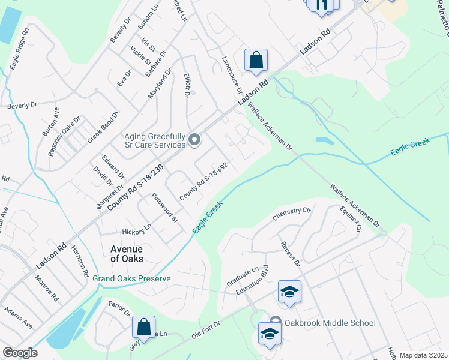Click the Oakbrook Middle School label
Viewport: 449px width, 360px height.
[x=330, y=323]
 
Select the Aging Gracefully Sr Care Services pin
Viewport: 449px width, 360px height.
[x=194, y=140]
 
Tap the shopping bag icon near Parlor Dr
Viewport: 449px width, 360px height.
[x=143, y=328]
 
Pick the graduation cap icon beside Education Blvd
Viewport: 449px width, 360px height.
[x=289, y=292]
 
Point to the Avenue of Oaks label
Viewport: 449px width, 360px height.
[x=127, y=254]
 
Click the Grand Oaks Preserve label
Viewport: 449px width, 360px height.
[x=131, y=279]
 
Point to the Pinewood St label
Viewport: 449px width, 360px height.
[x=165, y=207]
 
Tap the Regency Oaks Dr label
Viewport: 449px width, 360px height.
[x=64, y=137]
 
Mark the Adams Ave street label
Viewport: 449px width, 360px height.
[x=18, y=317]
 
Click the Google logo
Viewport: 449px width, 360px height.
[x=20, y=353]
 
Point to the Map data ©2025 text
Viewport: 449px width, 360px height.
[x=423, y=355]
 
